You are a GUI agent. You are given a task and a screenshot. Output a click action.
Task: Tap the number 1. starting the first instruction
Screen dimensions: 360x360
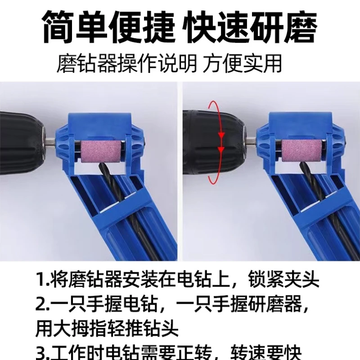pyautogui.click(x=42, y=280)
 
